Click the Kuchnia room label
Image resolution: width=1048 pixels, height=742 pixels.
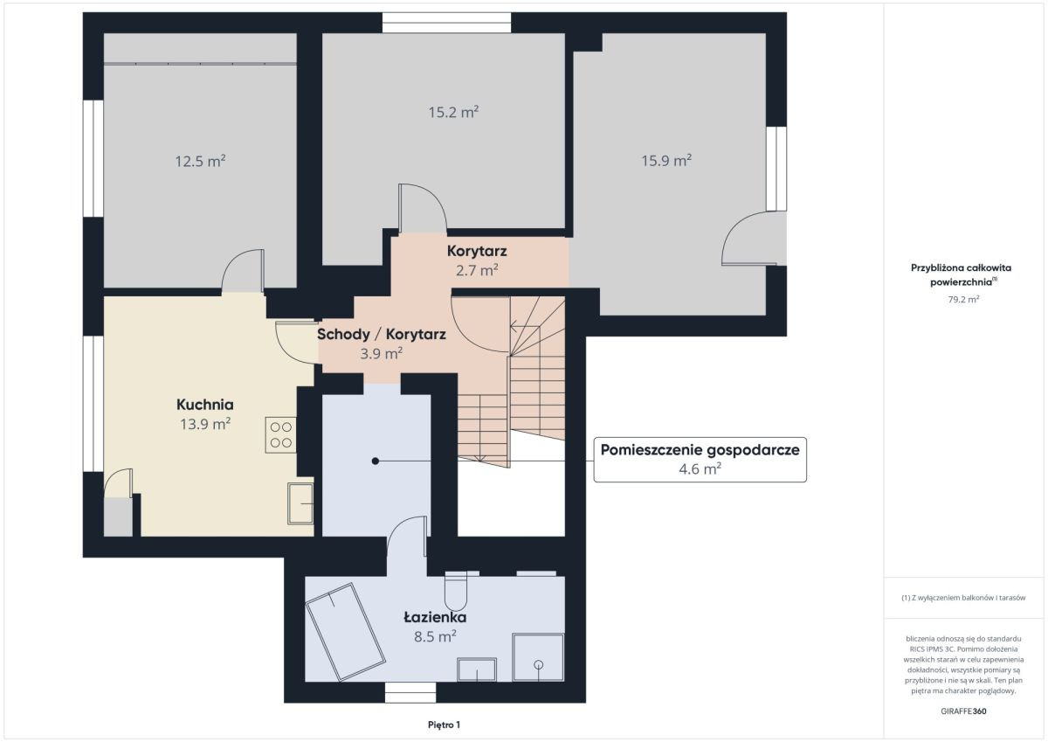pos(205,404)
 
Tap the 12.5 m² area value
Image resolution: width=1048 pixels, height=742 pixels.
pos(200,161)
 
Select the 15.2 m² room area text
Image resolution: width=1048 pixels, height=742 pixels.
pos(453,112)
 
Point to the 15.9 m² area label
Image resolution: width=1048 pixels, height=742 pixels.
pos(666,161)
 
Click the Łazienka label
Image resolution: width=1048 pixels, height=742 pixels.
pos(435,617)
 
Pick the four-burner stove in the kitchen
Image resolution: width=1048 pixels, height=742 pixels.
pos(280,434)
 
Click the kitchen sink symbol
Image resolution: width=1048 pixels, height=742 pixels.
pos(300,503)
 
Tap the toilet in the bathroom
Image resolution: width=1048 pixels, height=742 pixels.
pos(456,591)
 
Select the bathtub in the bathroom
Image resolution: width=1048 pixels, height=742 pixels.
pos(345,632)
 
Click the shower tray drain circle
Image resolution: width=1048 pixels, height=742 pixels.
pos(539,664)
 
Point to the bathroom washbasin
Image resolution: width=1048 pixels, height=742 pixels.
pos(477,669)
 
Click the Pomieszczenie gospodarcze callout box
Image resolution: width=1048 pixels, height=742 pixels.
pos(700,459)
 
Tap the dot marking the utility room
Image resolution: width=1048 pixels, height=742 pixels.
pos(376,461)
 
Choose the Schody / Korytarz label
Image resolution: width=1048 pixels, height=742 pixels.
pos(382,334)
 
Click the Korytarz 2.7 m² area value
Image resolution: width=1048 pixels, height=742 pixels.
pos(477,270)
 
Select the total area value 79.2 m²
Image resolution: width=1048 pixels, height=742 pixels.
pos(963,299)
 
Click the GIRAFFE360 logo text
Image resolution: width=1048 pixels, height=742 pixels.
pos(963,711)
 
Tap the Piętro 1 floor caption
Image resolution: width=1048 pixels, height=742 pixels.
pos(444,725)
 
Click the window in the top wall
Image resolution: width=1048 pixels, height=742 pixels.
pos(447,23)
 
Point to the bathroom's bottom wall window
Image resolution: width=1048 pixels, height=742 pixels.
pos(410,692)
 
